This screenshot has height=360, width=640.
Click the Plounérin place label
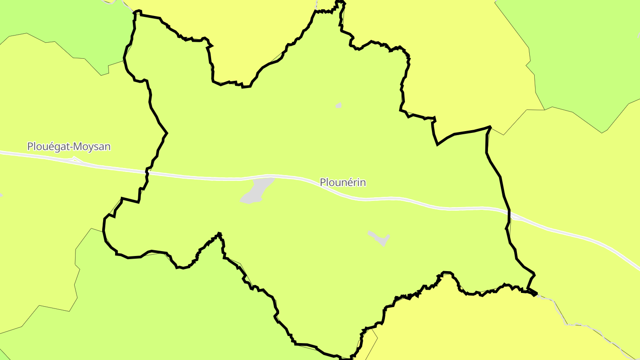coord(343,183)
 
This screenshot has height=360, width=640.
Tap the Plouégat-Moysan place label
coord(69,146)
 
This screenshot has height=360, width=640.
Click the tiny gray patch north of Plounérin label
coord(339,106)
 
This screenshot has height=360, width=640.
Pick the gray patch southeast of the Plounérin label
coord(379,238)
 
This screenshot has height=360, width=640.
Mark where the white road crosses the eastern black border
coord(508,213)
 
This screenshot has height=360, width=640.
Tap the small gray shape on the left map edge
coord(1,195)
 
